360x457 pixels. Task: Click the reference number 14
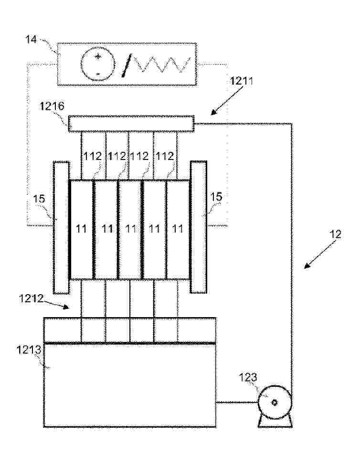[31, 39]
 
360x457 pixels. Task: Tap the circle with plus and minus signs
[97, 64]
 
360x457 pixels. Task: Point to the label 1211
[242, 81]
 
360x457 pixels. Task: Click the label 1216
[52, 106]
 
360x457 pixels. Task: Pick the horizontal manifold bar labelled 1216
[131, 124]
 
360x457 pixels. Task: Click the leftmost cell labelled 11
[82, 229]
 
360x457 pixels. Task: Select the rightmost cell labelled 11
[178, 229]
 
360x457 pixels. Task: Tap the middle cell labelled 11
[130, 229]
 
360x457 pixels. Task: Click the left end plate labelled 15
[61, 227]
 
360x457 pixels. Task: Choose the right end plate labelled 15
[199, 227]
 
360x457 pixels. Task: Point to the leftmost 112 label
[93, 157]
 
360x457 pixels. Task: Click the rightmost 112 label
[165, 157]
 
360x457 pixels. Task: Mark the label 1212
[31, 298]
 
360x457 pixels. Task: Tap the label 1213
[29, 350]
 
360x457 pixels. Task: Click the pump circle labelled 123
[275, 403]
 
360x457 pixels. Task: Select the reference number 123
[248, 377]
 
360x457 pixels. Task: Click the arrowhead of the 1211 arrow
[214, 112]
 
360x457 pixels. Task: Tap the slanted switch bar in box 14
[127, 65]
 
